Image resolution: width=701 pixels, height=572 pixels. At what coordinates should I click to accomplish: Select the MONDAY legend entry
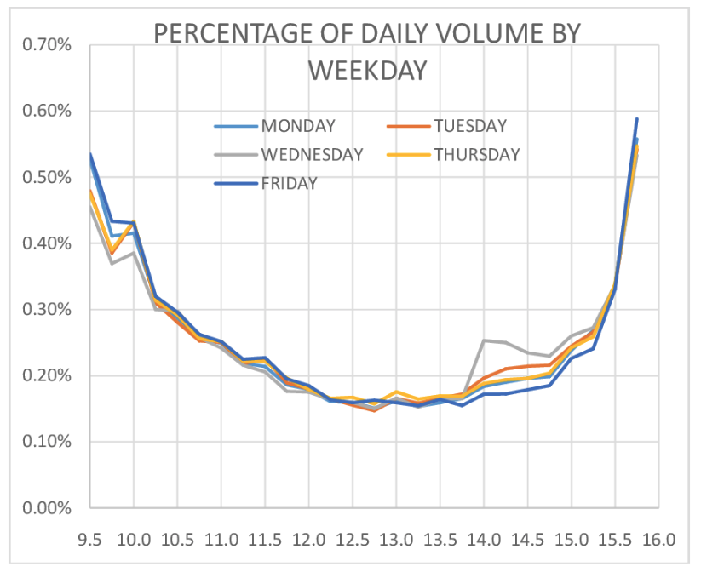[x=298, y=126]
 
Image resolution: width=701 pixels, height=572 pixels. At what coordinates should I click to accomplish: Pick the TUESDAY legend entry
[x=469, y=126]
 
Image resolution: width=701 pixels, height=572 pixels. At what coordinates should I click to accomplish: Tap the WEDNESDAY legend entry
[x=313, y=154]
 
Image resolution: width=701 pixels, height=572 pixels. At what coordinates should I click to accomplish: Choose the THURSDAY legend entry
[x=476, y=154]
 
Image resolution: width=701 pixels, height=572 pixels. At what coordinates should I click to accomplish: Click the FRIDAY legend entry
[x=290, y=183]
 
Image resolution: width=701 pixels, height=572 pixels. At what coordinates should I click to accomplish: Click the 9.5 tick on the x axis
[x=90, y=539]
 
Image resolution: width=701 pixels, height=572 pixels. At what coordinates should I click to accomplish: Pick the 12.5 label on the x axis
[x=353, y=539]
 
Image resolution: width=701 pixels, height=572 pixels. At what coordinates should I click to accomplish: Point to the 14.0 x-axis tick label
[x=484, y=539]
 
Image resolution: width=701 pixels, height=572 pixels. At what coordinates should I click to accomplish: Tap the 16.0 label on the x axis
[x=658, y=539]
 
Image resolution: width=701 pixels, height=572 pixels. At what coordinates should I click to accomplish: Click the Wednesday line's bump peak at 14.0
[x=484, y=340]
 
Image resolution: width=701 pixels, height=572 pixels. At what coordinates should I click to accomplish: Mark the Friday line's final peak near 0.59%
[x=636, y=119]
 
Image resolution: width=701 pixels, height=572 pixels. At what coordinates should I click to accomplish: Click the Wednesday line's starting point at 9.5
[x=90, y=204]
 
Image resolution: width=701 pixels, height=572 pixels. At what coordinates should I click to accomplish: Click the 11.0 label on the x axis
[x=221, y=539]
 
